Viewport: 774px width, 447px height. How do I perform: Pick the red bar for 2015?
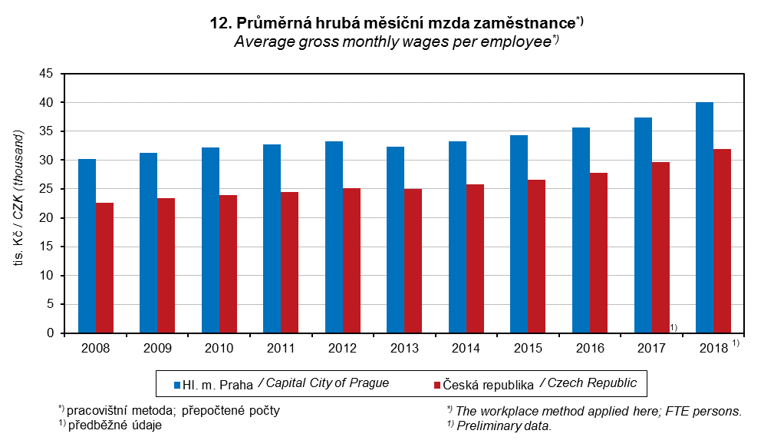[537, 257]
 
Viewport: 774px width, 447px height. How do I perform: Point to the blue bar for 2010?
[210, 240]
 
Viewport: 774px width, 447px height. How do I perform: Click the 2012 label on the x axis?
[343, 348]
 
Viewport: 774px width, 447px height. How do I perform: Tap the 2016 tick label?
[590, 348]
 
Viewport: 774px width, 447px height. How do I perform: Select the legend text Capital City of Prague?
[328, 383]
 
